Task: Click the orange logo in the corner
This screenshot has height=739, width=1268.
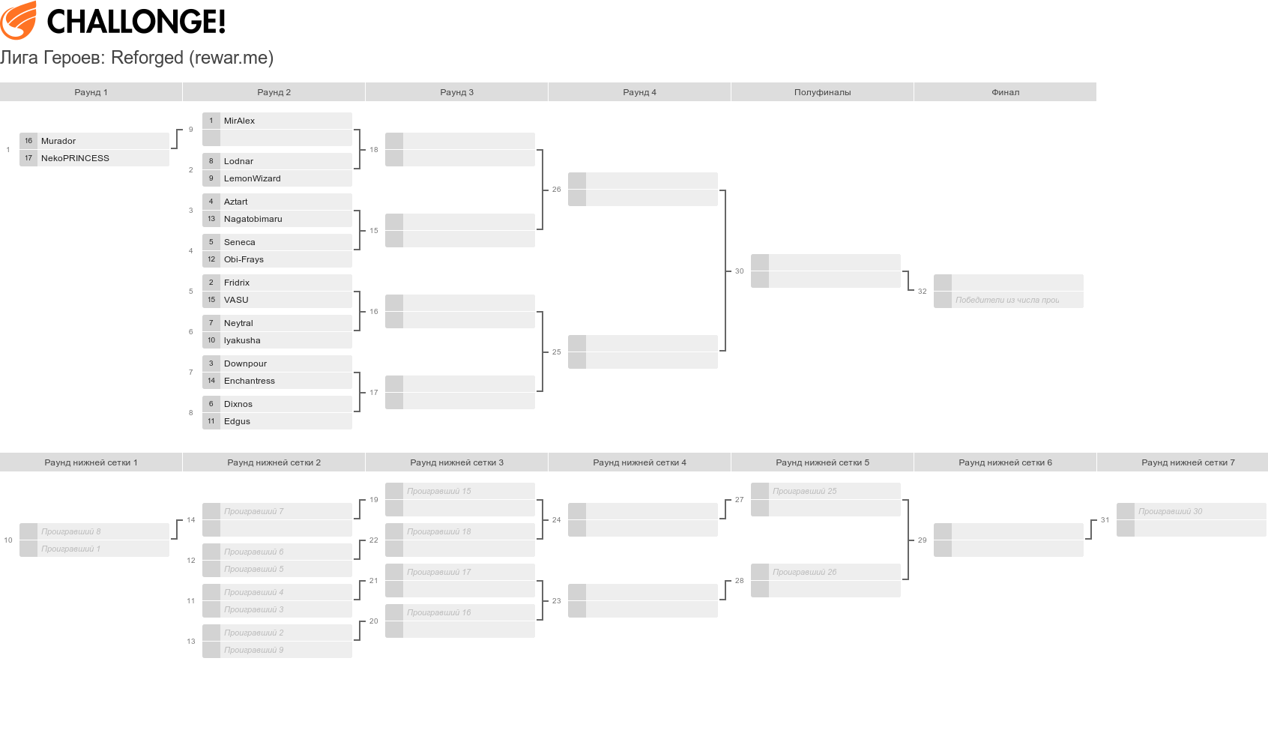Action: [x=19, y=20]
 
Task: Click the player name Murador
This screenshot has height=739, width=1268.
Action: [x=58, y=141]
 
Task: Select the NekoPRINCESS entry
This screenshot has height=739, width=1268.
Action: [x=75, y=158]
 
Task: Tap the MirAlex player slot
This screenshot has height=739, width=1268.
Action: [x=239, y=121]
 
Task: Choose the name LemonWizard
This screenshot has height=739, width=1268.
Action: [x=252, y=178]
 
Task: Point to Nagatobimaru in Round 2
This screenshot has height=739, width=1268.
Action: [x=253, y=219]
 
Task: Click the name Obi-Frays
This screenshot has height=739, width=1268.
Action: [x=244, y=259]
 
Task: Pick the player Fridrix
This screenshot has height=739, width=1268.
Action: [x=236, y=283]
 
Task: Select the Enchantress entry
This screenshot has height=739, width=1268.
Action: [x=249, y=381]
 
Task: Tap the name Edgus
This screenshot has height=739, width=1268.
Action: [x=237, y=421]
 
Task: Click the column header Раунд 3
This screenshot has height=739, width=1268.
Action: [x=456, y=92]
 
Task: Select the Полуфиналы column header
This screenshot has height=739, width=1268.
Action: [x=822, y=92]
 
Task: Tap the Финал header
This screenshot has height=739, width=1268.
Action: [x=1005, y=92]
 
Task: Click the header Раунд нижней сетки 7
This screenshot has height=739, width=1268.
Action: [x=1188, y=462]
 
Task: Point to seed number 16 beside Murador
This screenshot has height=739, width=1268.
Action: [x=28, y=141]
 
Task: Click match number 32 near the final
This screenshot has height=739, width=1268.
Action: [x=922, y=291]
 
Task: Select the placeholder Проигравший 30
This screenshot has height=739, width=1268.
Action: [x=1170, y=511]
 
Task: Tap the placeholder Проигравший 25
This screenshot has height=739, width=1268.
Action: [x=804, y=491]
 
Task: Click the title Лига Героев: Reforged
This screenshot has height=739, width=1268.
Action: [x=136, y=58]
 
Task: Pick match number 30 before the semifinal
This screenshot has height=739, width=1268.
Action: [x=739, y=271]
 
